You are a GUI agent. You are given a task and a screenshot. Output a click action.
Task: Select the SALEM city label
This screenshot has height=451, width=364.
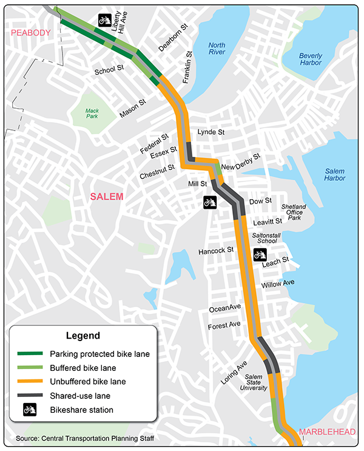(x=106, y=196)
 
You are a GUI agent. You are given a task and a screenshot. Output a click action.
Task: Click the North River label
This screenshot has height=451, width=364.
(x=217, y=48)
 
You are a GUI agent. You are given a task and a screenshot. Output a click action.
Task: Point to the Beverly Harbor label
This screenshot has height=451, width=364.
(x=311, y=59)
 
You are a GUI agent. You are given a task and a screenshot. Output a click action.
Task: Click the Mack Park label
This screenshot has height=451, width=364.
(x=92, y=113)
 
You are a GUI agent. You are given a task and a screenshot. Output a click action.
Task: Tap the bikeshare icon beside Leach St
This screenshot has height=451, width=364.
(x=260, y=254)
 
